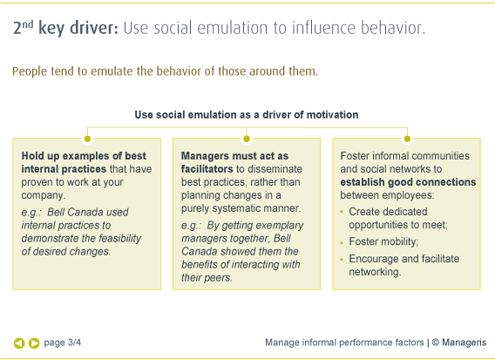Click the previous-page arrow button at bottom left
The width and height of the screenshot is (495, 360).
tap(19, 343)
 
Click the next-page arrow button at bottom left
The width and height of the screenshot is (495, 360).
tap(34, 343)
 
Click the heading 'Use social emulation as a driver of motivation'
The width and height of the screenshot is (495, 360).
tap(247, 114)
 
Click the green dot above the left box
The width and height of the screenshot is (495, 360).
tap(87, 138)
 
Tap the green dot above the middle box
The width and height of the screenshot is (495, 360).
tap(247, 138)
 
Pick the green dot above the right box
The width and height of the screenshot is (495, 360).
tap(407, 138)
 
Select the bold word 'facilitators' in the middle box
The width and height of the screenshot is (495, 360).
tap(209, 169)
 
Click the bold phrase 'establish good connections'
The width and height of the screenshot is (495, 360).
tap(408, 183)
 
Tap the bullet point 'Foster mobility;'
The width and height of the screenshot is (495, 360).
tap(383, 241)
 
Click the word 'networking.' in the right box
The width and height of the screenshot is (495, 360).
tap(375, 272)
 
